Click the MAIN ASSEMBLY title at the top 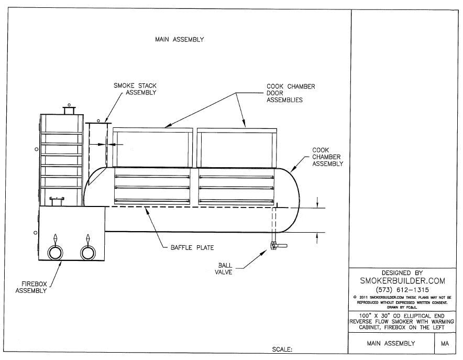point(179,39)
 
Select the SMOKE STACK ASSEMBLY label point(135,89)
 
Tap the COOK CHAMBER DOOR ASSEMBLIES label point(291,93)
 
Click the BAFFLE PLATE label point(192,247)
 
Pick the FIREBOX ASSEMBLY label point(31,287)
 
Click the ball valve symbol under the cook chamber point(274,245)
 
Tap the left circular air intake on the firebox point(55,253)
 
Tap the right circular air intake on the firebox point(88,253)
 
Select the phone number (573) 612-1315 point(402,290)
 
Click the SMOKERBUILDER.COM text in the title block point(402,281)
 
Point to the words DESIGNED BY point(402,272)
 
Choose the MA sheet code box point(445,344)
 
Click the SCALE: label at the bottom point(281,348)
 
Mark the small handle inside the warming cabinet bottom point(56,199)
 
